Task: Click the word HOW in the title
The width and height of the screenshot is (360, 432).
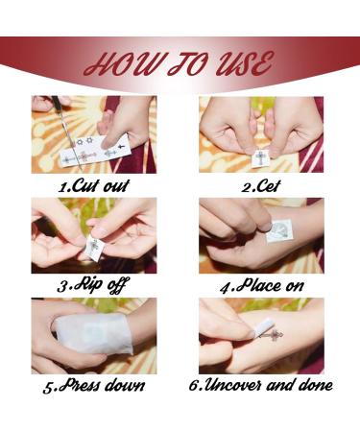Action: tap(117, 66)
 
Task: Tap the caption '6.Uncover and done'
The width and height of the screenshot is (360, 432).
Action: tap(262, 385)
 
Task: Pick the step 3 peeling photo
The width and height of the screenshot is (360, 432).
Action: tap(93, 235)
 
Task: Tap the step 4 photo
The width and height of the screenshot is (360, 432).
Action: tap(261, 235)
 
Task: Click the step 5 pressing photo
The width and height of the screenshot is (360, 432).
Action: tap(93, 336)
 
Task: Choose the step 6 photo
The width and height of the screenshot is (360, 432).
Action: tap(261, 336)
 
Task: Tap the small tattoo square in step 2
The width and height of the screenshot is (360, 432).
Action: tap(259, 156)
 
